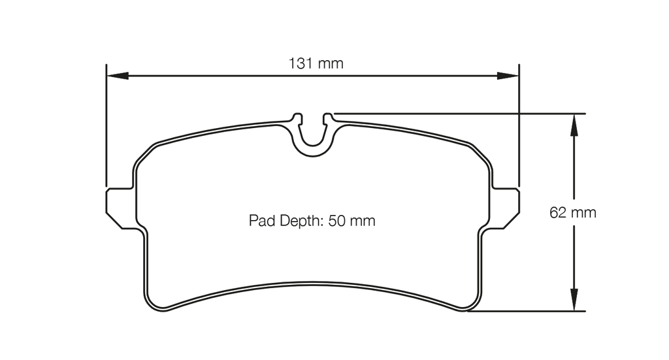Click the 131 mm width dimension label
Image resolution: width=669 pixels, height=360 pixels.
point(316,64)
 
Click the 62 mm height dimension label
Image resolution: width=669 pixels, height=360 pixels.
point(573,213)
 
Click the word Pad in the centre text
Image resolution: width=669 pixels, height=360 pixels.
point(261,221)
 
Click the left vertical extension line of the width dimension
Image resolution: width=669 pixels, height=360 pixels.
point(106,131)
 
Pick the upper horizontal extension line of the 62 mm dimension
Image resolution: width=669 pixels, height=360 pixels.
point(457,113)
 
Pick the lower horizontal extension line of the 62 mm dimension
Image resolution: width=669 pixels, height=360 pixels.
point(529,311)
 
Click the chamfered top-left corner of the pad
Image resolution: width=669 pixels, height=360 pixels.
point(144,153)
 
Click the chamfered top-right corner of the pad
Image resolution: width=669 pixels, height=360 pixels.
point(481,153)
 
